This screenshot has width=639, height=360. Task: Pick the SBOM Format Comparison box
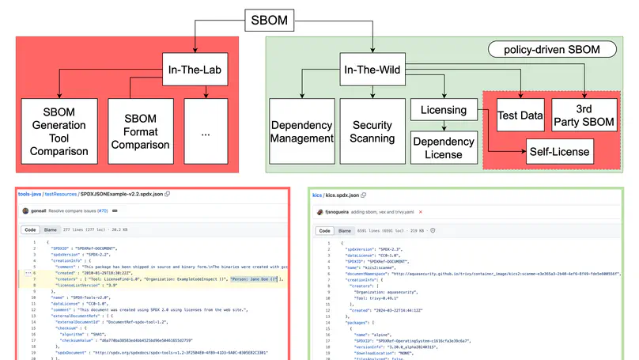(x=140, y=132)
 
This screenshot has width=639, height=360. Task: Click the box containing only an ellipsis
(x=206, y=132)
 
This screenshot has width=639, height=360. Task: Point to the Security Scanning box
(x=372, y=132)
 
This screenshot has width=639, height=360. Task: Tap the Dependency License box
(x=443, y=147)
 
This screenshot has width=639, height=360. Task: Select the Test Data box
(x=520, y=116)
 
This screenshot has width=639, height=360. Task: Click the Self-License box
(x=558, y=150)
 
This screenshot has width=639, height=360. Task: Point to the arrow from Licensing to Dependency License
(x=443, y=127)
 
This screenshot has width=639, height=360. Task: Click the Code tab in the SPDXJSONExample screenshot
(x=30, y=230)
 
